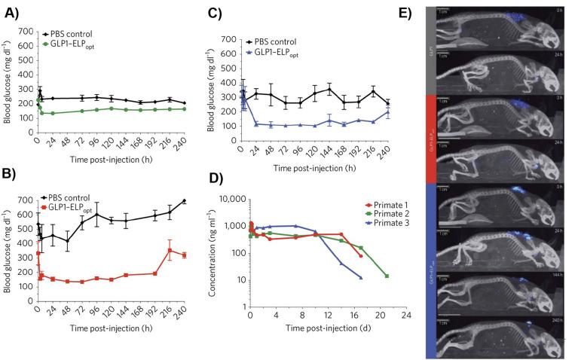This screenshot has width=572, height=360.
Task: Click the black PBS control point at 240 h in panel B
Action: tap(185, 201)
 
